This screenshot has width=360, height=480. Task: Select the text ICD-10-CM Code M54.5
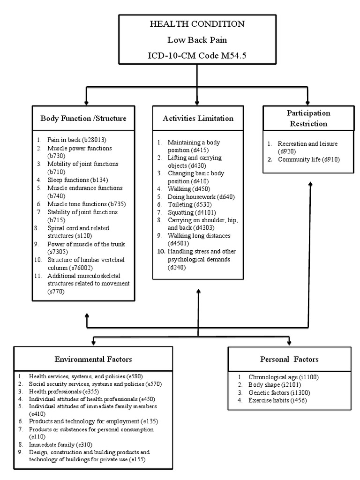197,56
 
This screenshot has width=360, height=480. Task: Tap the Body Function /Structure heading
83,118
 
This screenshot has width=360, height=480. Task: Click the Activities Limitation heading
198,118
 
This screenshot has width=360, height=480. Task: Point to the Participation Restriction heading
308,119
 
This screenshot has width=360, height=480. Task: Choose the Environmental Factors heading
93,359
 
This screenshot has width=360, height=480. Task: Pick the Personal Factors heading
289,359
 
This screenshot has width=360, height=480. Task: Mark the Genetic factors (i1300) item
278,392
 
